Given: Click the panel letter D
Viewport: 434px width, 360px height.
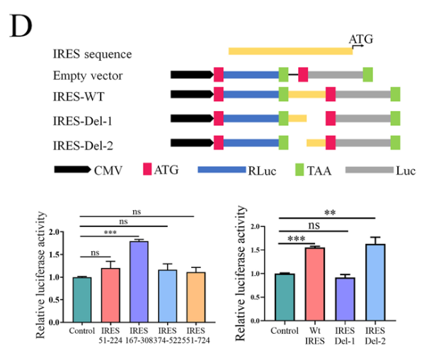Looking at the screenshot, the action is tap(21, 26).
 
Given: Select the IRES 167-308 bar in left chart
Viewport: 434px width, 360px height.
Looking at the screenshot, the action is tap(139, 281).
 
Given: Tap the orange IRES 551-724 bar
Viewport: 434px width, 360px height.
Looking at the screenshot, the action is tap(195, 297).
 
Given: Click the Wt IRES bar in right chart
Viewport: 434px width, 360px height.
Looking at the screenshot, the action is tap(315, 284).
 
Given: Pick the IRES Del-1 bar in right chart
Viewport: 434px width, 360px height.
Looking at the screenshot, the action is tap(345, 299).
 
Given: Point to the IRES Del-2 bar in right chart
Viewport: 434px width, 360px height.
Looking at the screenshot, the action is tap(375, 283).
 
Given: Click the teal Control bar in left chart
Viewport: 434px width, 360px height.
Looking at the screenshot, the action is tap(82, 300).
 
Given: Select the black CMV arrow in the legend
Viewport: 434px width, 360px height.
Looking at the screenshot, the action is tap(72, 170).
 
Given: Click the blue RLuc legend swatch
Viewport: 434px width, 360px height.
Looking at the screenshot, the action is tap(222, 170).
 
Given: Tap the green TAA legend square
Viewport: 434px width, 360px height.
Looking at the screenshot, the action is tap(299, 170).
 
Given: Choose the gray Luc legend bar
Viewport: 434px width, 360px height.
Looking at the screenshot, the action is tap(370, 170).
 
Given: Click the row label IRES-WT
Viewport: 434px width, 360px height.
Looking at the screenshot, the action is tap(79, 97).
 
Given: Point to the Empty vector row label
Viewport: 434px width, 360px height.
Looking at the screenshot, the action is tap(88, 76).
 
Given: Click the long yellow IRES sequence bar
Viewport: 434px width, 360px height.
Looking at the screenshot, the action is tap(290, 51).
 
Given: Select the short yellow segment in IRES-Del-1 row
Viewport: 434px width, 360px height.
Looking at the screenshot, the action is tap(297, 118).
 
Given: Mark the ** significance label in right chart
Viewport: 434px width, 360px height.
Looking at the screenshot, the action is tap(330, 213).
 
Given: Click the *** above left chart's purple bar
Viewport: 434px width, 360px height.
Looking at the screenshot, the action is tap(110, 233).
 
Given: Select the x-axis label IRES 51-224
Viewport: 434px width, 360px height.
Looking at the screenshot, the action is tap(110, 335).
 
